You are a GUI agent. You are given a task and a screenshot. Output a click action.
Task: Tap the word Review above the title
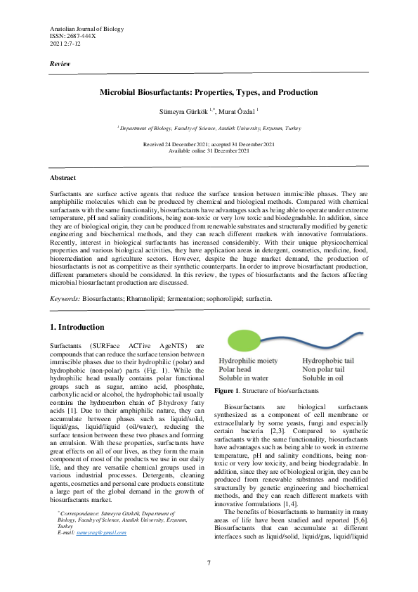point(60,64)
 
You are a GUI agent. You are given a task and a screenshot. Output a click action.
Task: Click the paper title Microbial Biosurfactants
point(209,93)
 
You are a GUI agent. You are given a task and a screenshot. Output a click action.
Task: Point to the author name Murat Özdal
point(237,110)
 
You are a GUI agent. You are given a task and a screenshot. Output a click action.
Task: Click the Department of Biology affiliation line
point(209,129)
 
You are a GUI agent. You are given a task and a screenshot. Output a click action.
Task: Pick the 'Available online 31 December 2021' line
point(209,150)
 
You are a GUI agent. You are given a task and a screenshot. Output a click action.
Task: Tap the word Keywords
point(65,299)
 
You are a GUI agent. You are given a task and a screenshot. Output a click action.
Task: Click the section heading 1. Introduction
point(77,328)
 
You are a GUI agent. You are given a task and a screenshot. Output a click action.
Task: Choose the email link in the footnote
point(102,533)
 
